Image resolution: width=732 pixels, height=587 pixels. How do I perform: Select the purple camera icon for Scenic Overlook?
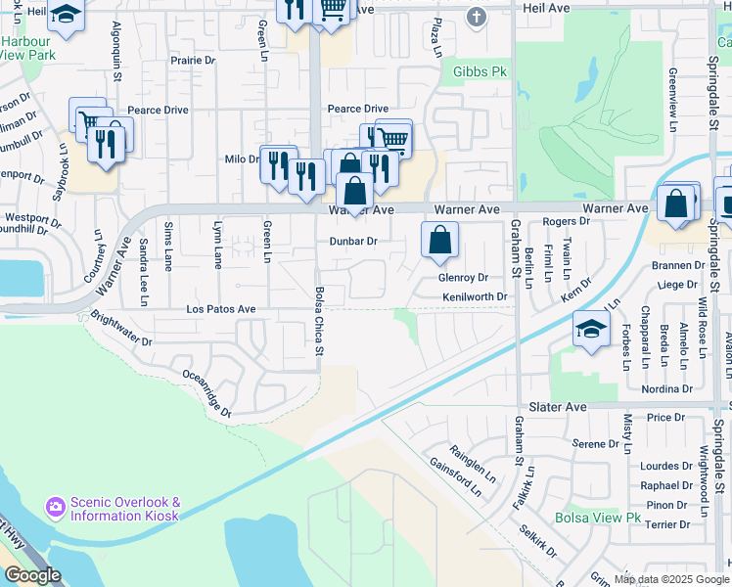[x=55, y=507]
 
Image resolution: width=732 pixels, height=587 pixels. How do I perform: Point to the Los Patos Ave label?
[x=221, y=309]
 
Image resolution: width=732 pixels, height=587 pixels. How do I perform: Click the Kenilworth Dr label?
[x=476, y=296]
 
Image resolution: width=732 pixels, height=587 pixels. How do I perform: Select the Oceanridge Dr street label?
[x=206, y=393]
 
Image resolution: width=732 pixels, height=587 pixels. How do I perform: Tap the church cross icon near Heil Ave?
[x=476, y=17]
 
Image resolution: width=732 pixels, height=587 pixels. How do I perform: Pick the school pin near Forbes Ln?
[x=591, y=328]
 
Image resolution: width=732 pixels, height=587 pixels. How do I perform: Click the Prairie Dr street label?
[x=192, y=61]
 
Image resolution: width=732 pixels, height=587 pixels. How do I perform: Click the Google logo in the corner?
[x=32, y=575]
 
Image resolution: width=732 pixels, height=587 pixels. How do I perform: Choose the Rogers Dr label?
[x=566, y=222]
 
